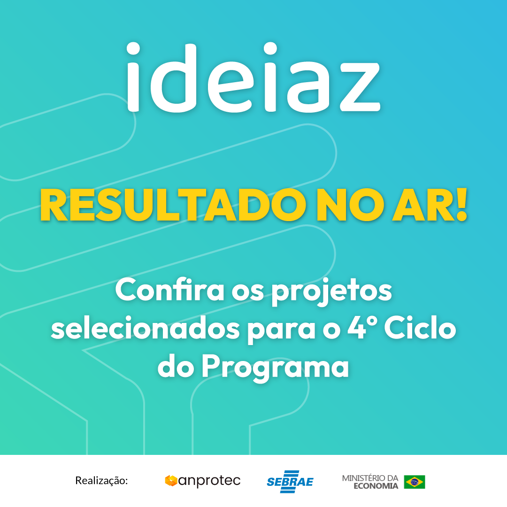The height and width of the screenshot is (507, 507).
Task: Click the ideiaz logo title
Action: pos(253,77)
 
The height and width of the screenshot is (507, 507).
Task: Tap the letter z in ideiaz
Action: pos(360,87)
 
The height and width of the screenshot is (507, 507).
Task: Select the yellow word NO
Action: pos(350,205)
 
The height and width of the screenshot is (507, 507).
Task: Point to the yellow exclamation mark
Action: pos(461,204)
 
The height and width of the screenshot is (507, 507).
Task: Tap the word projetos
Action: pos(331,291)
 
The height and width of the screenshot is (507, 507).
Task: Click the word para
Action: pos(281,331)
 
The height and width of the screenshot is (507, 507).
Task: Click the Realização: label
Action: pos(101,481)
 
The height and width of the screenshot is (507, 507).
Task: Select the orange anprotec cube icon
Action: pos(171,481)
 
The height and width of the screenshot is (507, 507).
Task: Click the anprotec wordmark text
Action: pos(209,481)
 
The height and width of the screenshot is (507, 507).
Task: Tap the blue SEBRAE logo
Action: pos(290,482)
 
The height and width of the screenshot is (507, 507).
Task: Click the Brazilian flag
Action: pos(415,482)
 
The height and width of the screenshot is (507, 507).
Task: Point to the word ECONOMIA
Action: pos(376,486)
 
